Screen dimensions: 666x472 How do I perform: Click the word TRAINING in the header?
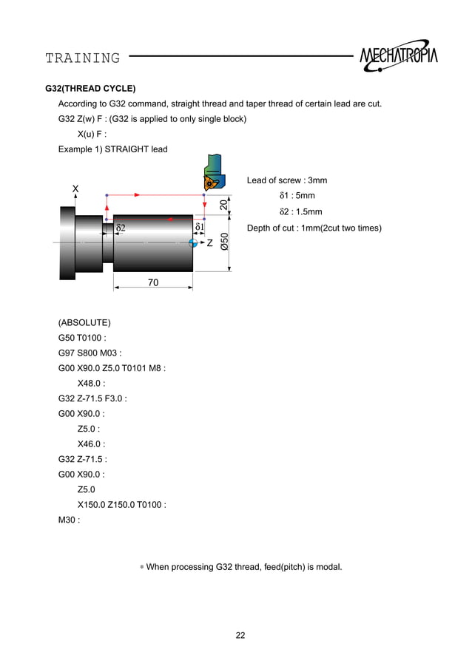[82, 58]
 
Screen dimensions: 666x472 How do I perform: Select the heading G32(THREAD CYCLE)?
[90, 88]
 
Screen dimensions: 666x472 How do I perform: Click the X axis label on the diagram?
[75, 188]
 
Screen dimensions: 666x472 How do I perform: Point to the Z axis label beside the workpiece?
[210, 242]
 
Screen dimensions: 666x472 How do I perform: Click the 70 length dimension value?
[153, 282]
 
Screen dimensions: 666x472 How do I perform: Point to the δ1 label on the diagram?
[199, 227]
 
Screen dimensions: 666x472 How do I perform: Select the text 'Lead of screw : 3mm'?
[287, 180]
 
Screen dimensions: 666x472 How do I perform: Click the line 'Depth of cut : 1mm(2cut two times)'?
[314, 228]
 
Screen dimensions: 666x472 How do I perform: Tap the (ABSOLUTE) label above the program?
[84, 323]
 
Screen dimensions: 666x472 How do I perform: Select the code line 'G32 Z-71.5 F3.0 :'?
[92, 398]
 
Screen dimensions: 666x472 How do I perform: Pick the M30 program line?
[69, 519]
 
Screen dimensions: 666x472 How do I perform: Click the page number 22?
[240, 635]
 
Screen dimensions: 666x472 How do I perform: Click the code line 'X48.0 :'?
[91, 383]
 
